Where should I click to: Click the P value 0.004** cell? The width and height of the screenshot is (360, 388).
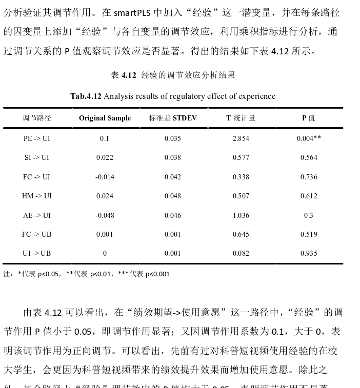309,138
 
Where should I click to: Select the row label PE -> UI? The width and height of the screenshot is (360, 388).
37,138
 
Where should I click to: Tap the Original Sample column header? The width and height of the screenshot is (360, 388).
105,118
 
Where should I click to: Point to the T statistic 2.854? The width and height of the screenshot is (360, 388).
241,138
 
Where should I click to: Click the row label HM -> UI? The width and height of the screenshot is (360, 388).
37,196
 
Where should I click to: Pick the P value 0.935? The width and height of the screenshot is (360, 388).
309,253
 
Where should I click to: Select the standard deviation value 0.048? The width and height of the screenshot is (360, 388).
173,196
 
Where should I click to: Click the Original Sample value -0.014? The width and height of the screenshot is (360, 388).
105,177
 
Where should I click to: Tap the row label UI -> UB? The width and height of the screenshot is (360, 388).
37,253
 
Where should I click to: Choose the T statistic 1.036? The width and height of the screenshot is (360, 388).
241,215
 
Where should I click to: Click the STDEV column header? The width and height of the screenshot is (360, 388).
173,118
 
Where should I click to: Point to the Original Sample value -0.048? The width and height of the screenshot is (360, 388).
105,215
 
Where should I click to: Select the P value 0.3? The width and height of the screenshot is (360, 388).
309,215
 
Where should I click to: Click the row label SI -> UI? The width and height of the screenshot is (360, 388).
37,157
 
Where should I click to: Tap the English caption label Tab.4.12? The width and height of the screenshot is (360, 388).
86,96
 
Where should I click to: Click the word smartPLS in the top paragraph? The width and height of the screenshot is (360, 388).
132,12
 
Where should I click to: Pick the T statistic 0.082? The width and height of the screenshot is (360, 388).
241,253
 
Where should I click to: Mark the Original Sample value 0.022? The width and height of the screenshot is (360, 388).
105,157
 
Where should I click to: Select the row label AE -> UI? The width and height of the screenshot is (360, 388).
37,215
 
